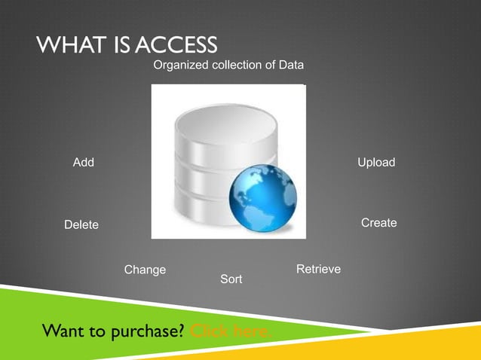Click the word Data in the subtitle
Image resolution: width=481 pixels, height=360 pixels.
291,66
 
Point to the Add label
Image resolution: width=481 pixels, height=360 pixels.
83,163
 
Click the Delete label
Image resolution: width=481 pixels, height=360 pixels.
81,224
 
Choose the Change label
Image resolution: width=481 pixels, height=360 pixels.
145,270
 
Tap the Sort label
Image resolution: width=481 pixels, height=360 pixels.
231,279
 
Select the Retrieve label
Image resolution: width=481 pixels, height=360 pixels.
318,269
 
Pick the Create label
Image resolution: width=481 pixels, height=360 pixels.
378,223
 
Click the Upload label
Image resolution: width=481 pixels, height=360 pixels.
376,163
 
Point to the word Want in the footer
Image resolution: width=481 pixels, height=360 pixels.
63,331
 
